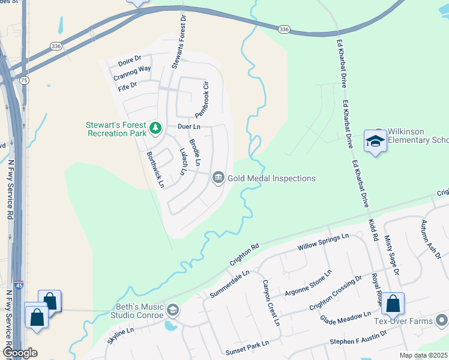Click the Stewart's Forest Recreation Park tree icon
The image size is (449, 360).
click(155, 127)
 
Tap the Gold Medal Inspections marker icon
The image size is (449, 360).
click(218, 178)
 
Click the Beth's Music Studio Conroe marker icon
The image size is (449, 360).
click(173, 310)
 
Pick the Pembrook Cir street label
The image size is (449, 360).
click(201, 98)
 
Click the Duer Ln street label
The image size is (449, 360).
click(188, 127)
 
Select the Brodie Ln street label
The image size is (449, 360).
click(194, 152)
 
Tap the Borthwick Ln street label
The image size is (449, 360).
click(155, 169)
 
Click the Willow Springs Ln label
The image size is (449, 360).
click(323, 242)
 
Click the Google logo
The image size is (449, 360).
click(20, 353)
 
